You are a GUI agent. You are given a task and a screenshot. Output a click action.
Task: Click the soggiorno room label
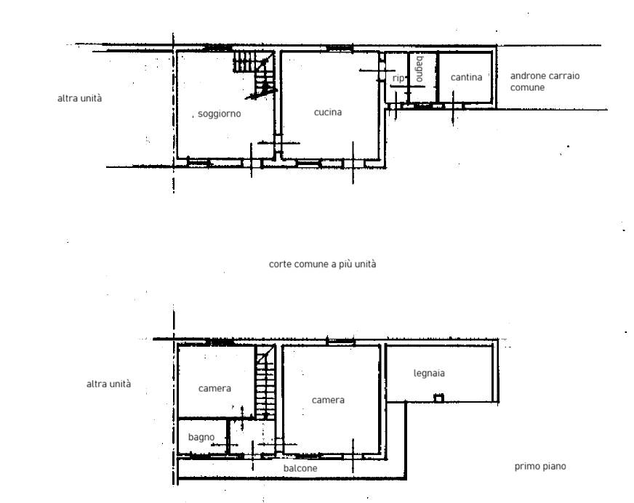pos(219,114)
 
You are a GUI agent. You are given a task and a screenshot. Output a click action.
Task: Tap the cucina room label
pos(328,112)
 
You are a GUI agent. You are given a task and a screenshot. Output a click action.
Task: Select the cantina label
pos(466,77)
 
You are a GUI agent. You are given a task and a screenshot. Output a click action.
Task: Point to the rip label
pos(398,78)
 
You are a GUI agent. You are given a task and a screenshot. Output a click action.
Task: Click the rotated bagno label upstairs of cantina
pos(420,69)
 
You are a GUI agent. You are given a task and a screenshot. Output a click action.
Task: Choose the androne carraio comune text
pos(545,81)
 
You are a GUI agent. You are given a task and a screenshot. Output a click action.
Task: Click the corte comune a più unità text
pos(322,264)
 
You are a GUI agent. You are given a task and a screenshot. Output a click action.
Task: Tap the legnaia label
pos(429,373)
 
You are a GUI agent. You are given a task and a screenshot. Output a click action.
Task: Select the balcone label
pos(300,468)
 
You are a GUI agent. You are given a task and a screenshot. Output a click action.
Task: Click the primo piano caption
pos(539,467)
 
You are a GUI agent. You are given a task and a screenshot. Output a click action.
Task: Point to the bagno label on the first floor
pos(201,438)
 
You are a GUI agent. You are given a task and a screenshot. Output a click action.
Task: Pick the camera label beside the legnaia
pos(328,400)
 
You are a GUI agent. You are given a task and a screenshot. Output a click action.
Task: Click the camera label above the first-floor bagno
pos(214,389)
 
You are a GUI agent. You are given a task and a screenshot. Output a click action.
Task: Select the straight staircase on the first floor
pos(265,382)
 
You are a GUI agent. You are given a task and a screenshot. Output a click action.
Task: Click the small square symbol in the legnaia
pos(438,398)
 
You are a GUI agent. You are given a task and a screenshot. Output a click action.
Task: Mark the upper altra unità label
pos(80,98)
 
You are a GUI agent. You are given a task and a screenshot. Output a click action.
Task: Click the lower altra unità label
pos(109,384)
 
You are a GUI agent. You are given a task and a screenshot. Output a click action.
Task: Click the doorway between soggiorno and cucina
pos(278,142)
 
